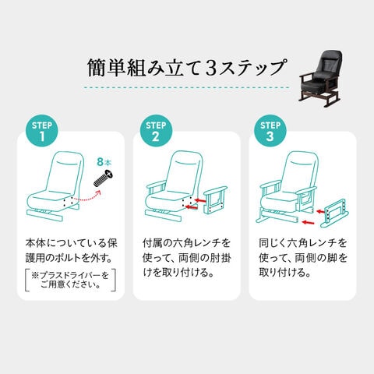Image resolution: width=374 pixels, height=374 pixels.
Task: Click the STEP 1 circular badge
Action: click(42, 131)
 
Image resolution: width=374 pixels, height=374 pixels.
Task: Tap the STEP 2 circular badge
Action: click(156, 131)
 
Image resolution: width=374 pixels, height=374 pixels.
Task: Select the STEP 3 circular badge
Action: click(270, 131)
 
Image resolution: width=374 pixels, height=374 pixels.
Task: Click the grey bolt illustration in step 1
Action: click(104, 178)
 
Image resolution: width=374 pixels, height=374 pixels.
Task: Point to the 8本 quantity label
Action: click(104, 162)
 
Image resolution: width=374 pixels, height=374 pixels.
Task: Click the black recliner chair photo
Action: click(320, 79)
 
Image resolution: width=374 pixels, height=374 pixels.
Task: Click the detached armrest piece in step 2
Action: click(216, 200)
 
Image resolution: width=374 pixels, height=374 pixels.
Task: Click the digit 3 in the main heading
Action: click(211, 69)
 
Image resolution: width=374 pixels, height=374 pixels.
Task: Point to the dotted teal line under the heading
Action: click(186, 87)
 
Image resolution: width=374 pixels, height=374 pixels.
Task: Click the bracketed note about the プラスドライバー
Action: click(70, 280)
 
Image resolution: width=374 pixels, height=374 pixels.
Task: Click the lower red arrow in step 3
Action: click(309, 222)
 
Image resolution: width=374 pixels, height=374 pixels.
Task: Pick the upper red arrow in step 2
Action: click(200, 200)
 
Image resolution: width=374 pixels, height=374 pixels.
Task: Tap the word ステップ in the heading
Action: click(252, 69)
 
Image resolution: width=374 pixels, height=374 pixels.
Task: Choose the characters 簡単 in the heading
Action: click(107, 69)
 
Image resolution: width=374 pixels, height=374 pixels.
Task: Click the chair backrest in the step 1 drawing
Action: click(65, 171)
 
